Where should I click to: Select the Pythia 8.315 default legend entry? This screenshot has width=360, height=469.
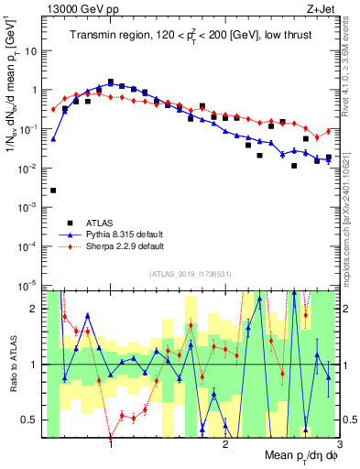(111, 234)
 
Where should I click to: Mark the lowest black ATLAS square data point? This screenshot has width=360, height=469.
(53, 191)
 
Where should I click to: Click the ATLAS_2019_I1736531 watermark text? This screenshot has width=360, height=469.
(191, 274)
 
